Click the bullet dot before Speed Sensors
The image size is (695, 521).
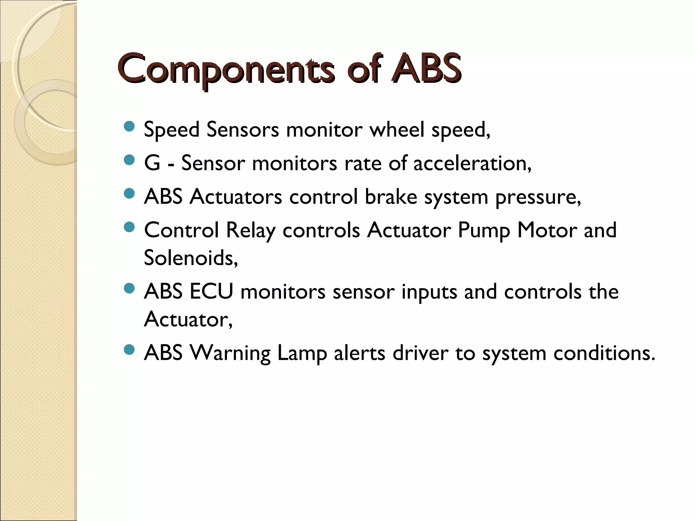(129, 127)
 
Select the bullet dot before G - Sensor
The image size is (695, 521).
(129, 160)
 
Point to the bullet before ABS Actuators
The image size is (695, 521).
(129, 194)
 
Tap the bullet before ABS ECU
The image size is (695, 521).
(129, 289)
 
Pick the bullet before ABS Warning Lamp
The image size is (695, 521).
(129, 350)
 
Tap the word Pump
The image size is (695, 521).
(484, 231)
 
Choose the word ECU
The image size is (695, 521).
(211, 291)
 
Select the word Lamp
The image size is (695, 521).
(302, 353)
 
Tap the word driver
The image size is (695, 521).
(420, 353)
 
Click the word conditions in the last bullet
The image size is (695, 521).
(604, 353)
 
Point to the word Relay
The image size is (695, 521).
(250, 231)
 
